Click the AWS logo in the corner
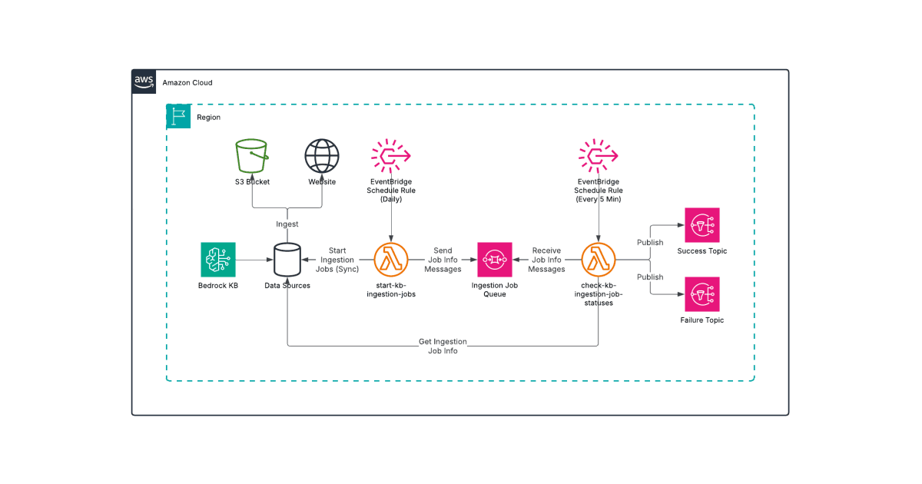[x=144, y=81]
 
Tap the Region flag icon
[x=179, y=117]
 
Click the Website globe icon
[x=322, y=156]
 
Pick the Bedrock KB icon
[x=218, y=260]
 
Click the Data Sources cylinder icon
[x=287, y=260]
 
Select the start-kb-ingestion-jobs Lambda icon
[x=391, y=260]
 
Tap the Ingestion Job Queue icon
[x=495, y=260]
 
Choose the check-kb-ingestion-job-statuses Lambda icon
[x=599, y=260]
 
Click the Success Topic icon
[x=702, y=225]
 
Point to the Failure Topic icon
[x=702, y=294]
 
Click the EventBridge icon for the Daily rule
[x=391, y=156]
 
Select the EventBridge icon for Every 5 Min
[x=599, y=156]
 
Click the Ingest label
[x=287, y=224]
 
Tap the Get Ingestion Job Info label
[x=443, y=346]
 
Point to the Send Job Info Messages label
[x=443, y=260]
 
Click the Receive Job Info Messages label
[x=546, y=260]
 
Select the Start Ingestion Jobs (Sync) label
[x=337, y=260]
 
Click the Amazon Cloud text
[x=187, y=82]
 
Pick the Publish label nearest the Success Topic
[x=650, y=243]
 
